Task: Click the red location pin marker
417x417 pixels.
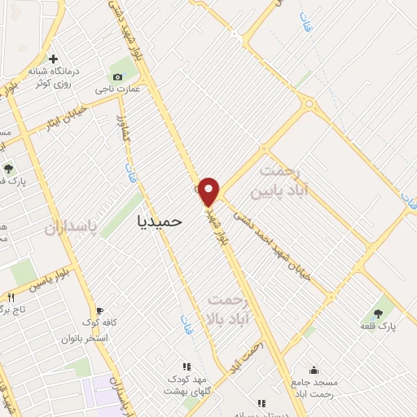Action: point(209,191)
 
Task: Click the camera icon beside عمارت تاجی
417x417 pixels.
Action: point(118,77)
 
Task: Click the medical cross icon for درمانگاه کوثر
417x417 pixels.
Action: point(54,59)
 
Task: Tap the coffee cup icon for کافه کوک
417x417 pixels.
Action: point(99,310)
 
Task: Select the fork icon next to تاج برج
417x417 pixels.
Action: point(11,297)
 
